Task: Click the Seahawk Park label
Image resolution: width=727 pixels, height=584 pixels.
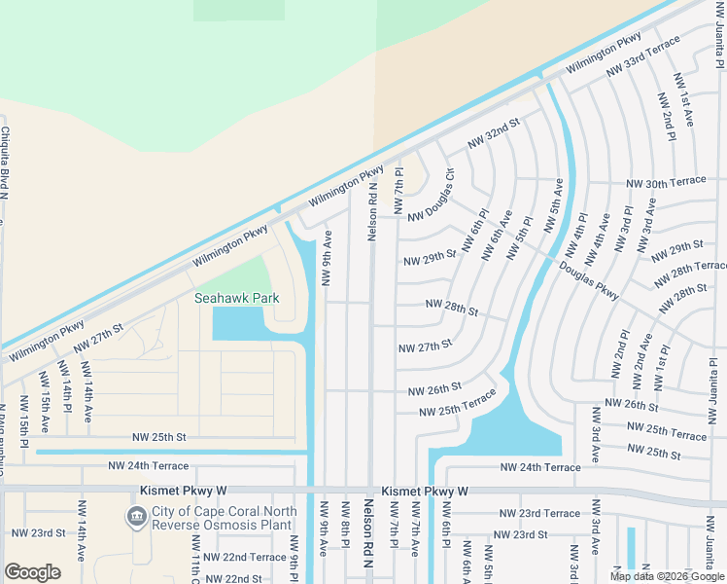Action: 229,298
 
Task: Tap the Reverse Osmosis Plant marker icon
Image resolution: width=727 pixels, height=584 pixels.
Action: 137,515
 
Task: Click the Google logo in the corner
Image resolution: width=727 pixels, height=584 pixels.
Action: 32,572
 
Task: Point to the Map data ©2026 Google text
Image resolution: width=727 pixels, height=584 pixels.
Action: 668,576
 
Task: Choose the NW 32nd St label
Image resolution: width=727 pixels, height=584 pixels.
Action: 494,133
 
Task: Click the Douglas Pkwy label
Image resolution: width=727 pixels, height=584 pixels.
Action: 588,276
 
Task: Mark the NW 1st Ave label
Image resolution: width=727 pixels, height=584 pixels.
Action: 686,108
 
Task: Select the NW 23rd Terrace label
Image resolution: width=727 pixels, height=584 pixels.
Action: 538,513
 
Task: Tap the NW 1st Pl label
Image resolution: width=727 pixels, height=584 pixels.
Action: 665,365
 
